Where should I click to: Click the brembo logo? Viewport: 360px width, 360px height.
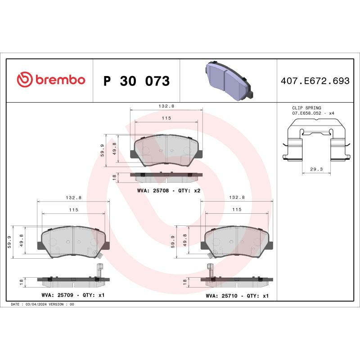pos(50,80)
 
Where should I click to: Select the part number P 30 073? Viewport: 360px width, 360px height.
pos(136,81)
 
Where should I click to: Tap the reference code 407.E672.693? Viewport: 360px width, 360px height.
pos(315,81)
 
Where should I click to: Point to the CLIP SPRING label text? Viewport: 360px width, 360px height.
pos(306,108)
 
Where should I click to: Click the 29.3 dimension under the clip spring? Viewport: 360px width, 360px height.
pos(316,169)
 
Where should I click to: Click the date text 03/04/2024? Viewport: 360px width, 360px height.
pos(36,304)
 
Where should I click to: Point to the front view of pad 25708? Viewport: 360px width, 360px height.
pos(166,150)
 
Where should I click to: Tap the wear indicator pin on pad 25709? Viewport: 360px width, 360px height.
pos(100,270)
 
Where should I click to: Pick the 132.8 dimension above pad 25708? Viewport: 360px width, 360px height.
pos(166,106)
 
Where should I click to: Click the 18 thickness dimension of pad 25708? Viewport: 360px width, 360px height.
pos(114,177)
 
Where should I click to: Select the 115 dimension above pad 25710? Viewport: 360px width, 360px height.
pos(236,210)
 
